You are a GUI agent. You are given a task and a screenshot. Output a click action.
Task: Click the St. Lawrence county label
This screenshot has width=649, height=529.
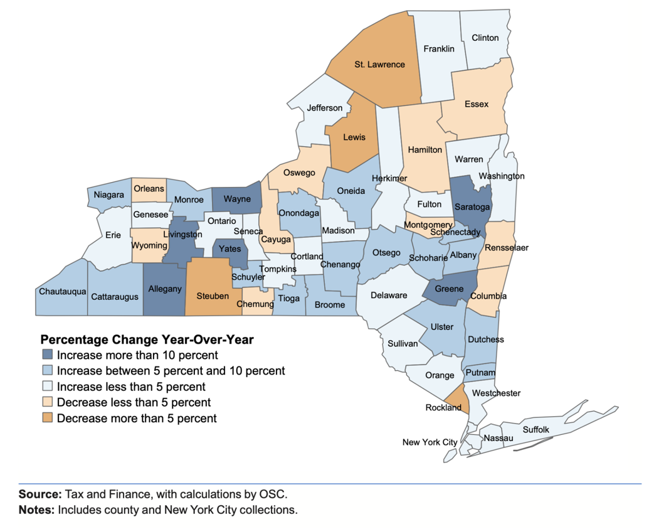[x=379, y=64]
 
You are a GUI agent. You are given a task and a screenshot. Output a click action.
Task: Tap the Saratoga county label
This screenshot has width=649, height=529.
[x=472, y=207]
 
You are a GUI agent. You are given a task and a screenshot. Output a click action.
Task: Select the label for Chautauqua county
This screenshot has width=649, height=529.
[x=63, y=291]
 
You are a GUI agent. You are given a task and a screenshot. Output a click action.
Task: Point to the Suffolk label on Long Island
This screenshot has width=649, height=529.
[x=536, y=429]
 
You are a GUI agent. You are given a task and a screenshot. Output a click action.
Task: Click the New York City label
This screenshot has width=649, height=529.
[x=430, y=442]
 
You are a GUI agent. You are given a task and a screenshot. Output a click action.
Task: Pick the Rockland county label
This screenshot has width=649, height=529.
[x=444, y=407]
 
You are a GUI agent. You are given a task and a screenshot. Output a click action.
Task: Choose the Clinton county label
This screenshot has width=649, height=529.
[x=485, y=38]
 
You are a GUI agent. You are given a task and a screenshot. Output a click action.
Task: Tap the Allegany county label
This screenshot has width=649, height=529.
[x=164, y=289]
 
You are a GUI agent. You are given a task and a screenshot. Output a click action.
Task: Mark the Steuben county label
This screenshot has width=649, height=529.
[x=213, y=296]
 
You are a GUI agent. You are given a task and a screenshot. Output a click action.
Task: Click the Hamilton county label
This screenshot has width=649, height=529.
[x=425, y=150]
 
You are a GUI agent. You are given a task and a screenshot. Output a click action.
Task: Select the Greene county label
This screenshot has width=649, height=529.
[x=449, y=289]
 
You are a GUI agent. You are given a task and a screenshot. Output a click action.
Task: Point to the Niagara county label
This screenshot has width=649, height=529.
[x=109, y=195]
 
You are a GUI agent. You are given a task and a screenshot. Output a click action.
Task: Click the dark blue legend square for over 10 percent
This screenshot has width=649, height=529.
[x=48, y=355]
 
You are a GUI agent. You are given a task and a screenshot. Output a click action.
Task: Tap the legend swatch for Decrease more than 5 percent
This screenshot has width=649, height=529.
[x=48, y=418]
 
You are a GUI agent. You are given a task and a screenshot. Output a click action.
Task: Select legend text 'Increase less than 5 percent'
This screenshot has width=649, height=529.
[x=130, y=387]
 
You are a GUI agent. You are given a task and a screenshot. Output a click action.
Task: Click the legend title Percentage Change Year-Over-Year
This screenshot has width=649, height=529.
[x=147, y=339]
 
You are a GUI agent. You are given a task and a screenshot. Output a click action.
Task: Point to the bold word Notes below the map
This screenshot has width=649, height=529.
[x=36, y=510]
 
